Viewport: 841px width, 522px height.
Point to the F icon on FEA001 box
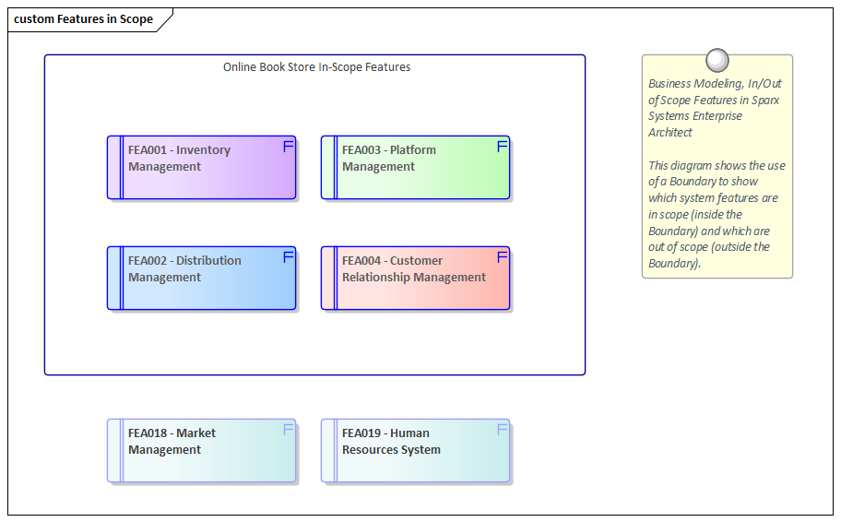pyautogui.click(x=288, y=147)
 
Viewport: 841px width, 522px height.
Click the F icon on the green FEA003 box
pyautogui.click(x=503, y=147)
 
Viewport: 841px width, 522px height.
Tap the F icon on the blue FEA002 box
pyautogui.click(x=288, y=257)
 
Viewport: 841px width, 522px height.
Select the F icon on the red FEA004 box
pyautogui.click(x=503, y=257)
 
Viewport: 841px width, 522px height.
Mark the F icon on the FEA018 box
pyautogui.click(x=288, y=430)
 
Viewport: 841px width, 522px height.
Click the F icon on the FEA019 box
pyautogui.click(x=503, y=430)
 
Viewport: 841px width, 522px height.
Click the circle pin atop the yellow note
pyautogui.click(x=717, y=61)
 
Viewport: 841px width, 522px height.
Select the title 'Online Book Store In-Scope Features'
pyautogui.click(x=316, y=67)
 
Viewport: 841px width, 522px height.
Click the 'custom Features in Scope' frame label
pyautogui.click(x=83, y=19)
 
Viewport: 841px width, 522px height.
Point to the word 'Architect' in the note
pyautogui.click(x=670, y=133)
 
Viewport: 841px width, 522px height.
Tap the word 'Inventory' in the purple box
pyautogui.click(x=204, y=150)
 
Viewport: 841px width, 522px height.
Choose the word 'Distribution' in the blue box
pyautogui.click(x=208, y=261)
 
